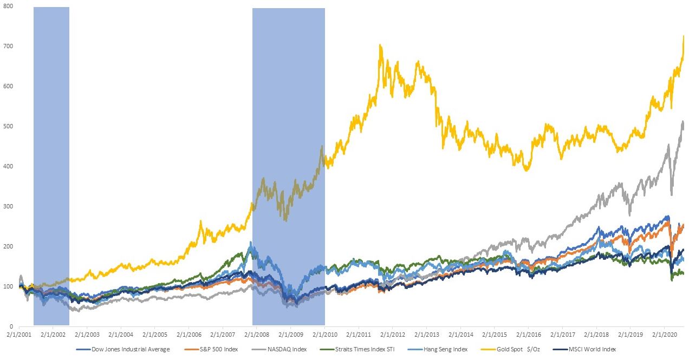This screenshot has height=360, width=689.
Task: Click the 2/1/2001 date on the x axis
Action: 19,336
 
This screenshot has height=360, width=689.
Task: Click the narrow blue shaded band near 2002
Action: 51,162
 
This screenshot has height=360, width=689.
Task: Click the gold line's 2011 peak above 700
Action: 381,45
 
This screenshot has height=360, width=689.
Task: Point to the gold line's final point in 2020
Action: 684,36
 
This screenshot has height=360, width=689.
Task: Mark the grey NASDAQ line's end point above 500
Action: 683,122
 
